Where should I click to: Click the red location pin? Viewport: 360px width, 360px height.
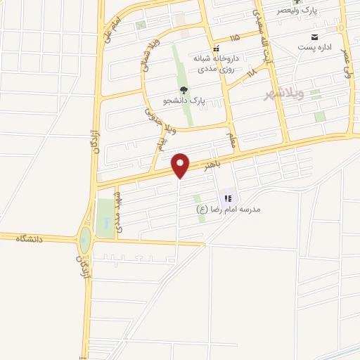pos(181,165)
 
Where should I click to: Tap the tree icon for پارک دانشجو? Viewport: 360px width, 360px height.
pos(184,90)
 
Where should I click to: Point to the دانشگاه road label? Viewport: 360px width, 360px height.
pos(30,239)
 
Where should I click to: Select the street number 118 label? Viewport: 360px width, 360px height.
pos(252,72)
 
